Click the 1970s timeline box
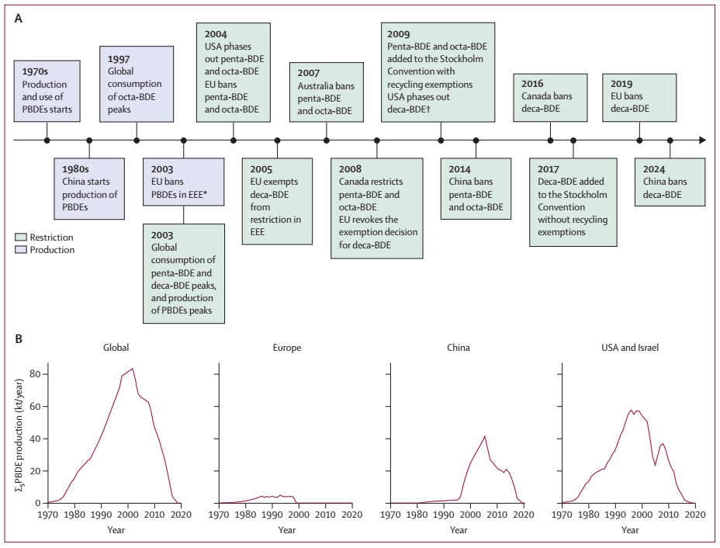[x=47, y=89]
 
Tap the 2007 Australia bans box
[x=326, y=92]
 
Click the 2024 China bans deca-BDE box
[x=670, y=182]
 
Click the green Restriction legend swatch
[x=20, y=238]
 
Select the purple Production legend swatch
[x=20, y=250]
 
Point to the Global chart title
[x=115, y=349]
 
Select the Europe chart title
[x=287, y=349]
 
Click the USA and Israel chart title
[x=629, y=349]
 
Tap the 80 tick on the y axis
[x=35, y=374]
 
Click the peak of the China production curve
[x=485, y=436]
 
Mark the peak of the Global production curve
[x=133, y=369]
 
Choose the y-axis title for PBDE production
[x=18, y=433]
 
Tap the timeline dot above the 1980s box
[x=89, y=140]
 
